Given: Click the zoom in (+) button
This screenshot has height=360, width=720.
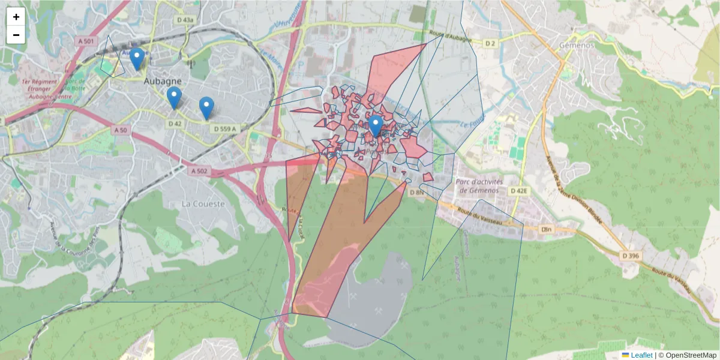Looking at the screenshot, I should point(16,17).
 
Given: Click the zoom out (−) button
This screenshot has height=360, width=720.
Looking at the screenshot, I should point(16,35).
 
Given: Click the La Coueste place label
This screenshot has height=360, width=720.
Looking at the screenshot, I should point(203,204).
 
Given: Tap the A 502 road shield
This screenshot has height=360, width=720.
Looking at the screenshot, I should point(199,172).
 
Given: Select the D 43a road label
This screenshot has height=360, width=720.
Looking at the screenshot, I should point(185,20).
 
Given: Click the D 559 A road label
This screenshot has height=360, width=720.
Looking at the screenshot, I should point(225,128).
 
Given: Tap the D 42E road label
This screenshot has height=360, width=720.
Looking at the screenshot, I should point(519,191).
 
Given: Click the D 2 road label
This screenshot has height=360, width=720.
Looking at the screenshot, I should point(491,43).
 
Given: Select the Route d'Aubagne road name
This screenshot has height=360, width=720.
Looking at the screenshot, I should point(451,37).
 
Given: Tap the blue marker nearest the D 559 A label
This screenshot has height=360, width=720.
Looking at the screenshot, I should point(206,107).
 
